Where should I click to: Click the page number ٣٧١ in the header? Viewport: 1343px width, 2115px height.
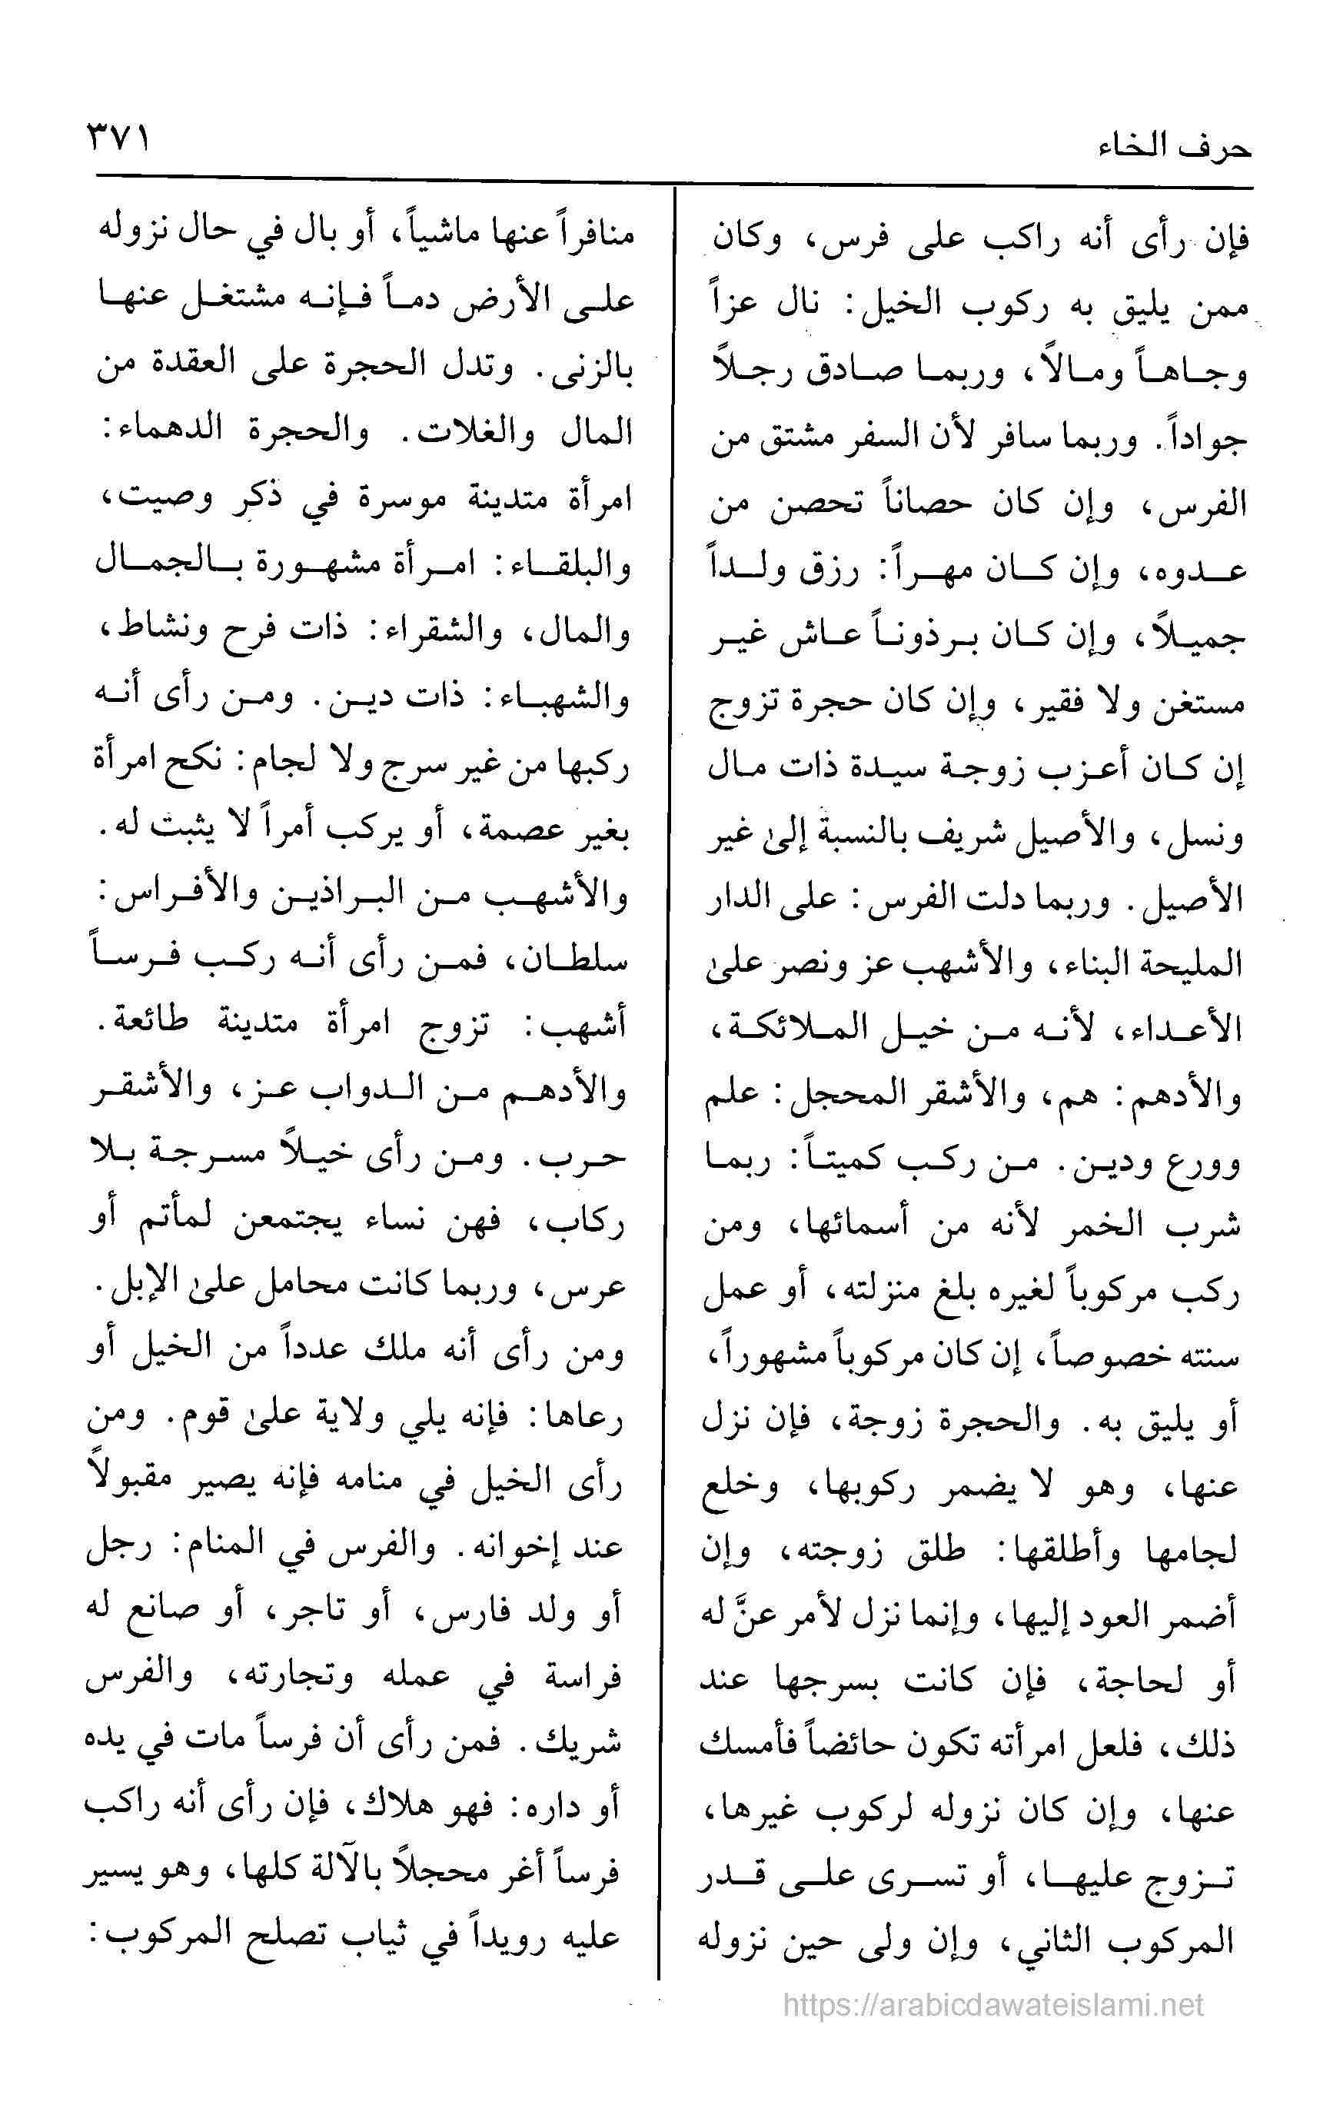point(118,138)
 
